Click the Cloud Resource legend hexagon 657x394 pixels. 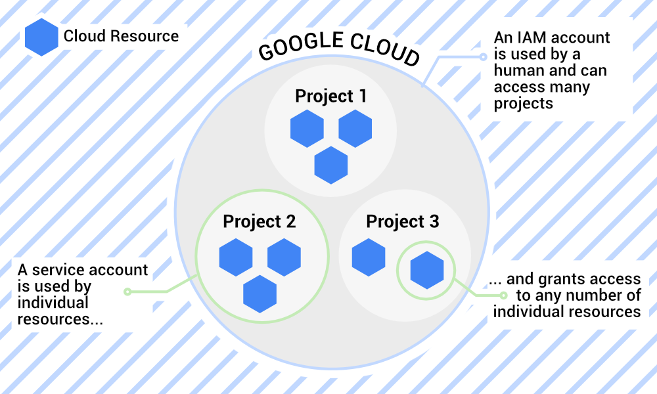(41, 37)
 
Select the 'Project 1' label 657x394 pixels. (330, 96)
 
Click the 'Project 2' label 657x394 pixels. (260, 221)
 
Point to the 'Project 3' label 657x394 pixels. (403, 221)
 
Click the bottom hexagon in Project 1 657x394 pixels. (330, 165)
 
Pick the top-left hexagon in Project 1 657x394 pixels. (307, 128)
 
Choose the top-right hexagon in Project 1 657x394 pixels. (355, 128)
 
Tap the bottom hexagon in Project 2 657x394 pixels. (260, 294)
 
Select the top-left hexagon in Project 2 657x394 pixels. (236, 257)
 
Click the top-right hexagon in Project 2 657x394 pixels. (284, 257)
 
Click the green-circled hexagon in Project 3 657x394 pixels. (427, 270)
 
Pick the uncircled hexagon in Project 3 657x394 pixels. (369, 257)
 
